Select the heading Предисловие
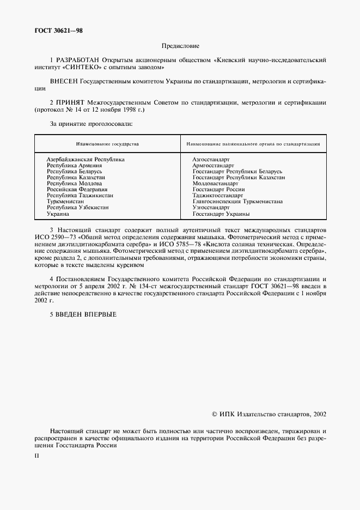pyautogui.click(x=180, y=47)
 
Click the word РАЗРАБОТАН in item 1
pyautogui.click(x=74, y=60)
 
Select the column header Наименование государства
pyautogui.click(x=107, y=144)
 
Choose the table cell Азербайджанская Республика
pyautogui.click(x=86, y=159)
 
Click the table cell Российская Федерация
pyautogui.click(x=77, y=190)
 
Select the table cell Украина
pyautogui.click(x=58, y=214)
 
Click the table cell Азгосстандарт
pyautogui.click(x=211, y=159)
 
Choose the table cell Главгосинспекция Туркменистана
pyautogui.click(x=237, y=202)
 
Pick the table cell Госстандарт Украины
pyautogui.click(x=221, y=214)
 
